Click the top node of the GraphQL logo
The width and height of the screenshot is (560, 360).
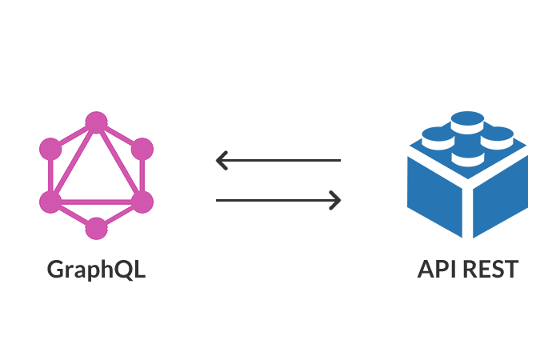pyautogui.click(x=96, y=122)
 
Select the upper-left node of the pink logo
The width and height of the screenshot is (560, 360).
pyautogui.click(x=50, y=148)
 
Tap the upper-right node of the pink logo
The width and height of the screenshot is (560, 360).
pyautogui.click(x=142, y=148)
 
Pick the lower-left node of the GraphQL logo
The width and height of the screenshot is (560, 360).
pyautogui.click(x=50, y=201)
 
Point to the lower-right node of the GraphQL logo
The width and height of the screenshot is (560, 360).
pyautogui.click(x=142, y=201)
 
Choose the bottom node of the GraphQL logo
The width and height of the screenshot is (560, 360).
pyautogui.click(x=96, y=228)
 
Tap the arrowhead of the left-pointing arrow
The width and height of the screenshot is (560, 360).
pyautogui.click(x=222, y=161)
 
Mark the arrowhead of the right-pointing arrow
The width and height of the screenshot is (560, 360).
pyautogui.click(x=336, y=200)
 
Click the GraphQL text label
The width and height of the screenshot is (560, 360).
pyautogui.click(x=96, y=269)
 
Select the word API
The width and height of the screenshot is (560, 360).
pyautogui.click(x=436, y=269)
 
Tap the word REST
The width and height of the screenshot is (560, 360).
pyautogui.click(x=489, y=269)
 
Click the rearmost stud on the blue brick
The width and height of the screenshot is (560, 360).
pyautogui.click(x=467, y=121)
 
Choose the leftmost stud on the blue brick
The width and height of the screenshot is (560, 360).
pyautogui.click(x=436, y=137)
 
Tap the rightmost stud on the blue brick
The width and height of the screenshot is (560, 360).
pyautogui.click(x=498, y=136)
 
